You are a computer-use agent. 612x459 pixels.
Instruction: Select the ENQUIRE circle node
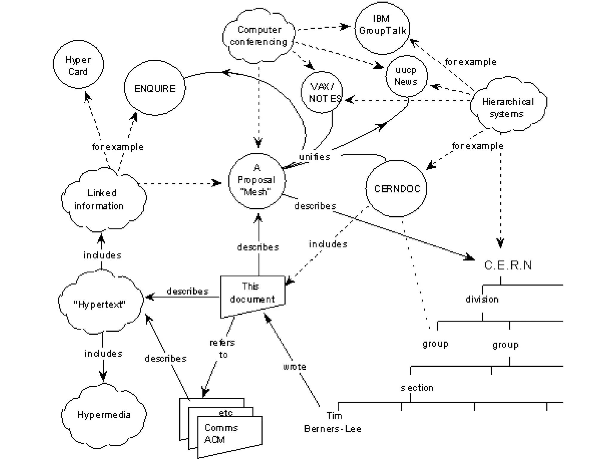click(155, 88)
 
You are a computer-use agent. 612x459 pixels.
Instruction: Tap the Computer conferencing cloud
click(259, 36)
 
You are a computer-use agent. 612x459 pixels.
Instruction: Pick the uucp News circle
click(406, 76)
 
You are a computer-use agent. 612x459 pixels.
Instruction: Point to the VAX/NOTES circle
click(322, 93)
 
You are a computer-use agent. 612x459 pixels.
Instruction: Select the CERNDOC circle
click(397, 189)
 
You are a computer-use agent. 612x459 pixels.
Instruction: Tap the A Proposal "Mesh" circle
click(257, 181)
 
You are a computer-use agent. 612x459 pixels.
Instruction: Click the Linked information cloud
click(102, 200)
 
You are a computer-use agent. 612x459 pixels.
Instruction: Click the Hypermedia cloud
click(104, 415)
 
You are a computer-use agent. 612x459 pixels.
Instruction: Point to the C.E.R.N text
click(508, 265)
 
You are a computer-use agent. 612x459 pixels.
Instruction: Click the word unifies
click(314, 157)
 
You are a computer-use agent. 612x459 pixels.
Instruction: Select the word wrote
click(295, 367)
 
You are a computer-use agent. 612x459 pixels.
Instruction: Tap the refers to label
click(223, 348)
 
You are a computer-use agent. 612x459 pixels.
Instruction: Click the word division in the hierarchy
click(482, 299)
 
